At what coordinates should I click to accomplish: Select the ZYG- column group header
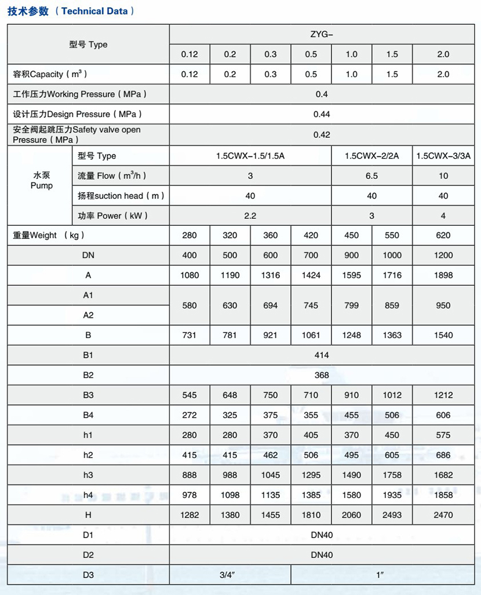click(322, 35)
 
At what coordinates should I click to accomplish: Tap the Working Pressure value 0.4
click(322, 94)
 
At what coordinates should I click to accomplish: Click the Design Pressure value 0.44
click(322, 115)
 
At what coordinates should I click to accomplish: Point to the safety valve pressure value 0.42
click(322, 135)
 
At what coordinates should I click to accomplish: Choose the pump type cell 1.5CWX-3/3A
click(443, 156)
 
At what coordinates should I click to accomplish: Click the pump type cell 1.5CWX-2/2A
click(371, 156)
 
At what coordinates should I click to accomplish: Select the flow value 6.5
click(371, 176)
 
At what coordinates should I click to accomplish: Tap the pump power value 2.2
click(250, 215)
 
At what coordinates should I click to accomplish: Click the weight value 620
click(443, 236)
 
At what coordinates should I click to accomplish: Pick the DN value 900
click(351, 255)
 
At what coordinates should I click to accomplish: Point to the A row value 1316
click(270, 276)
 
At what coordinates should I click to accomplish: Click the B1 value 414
click(322, 355)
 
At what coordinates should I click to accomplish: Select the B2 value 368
click(322, 375)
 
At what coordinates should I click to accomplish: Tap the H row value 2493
click(392, 515)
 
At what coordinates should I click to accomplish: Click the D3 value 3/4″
click(230, 575)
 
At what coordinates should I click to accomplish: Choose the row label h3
click(88, 475)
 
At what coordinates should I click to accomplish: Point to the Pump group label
click(41, 181)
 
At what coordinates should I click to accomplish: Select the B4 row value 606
click(443, 415)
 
